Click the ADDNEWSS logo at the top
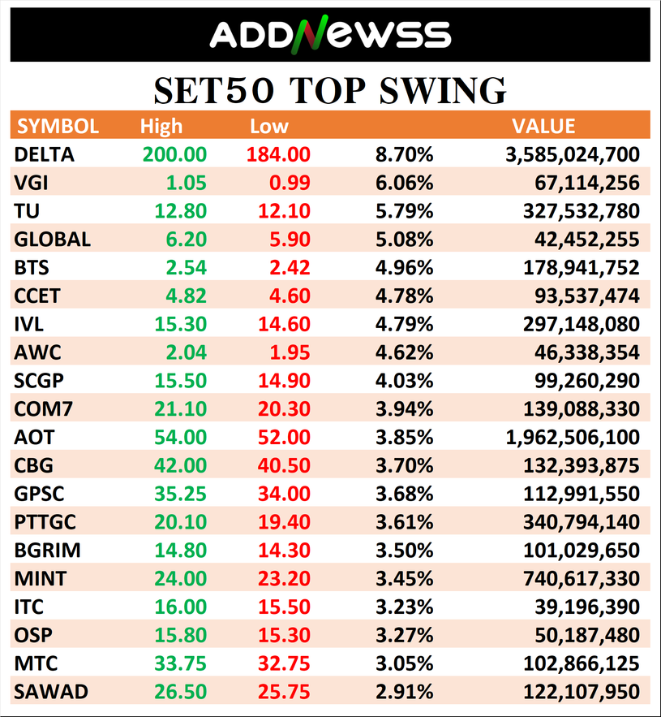point(330,34)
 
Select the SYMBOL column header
point(58,127)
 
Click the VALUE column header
point(543,127)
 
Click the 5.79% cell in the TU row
point(404,211)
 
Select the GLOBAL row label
point(53,240)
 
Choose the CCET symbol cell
point(38,296)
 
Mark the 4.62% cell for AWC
point(404,352)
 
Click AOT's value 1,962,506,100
point(572,438)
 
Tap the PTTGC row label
point(45,522)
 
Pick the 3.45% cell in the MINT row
point(404,579)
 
